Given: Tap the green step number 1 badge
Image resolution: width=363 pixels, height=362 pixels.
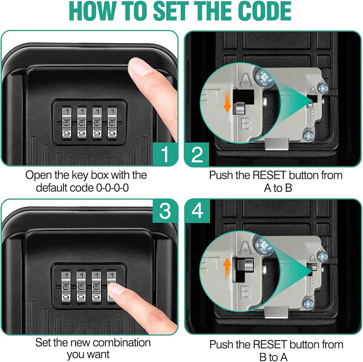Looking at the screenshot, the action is [x=165, y=154].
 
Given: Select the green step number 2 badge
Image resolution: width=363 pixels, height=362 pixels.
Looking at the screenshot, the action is [x=197, y=154].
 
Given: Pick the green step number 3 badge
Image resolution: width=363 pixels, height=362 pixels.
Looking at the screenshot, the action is [x=165, y=211].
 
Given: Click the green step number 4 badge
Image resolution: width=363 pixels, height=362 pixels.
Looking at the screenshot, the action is [x=197, y=211].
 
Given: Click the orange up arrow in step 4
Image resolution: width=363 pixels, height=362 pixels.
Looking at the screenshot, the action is [x=227, y=266].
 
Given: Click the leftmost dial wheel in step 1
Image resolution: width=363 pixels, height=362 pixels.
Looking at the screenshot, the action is [x=67, y=123].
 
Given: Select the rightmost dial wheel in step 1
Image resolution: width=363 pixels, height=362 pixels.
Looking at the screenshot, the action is [x=112, y=123].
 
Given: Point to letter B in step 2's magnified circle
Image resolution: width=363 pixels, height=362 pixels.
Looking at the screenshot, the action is [x=246, y=124].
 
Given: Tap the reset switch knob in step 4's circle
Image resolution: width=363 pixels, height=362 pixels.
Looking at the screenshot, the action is [x=245, y=264].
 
